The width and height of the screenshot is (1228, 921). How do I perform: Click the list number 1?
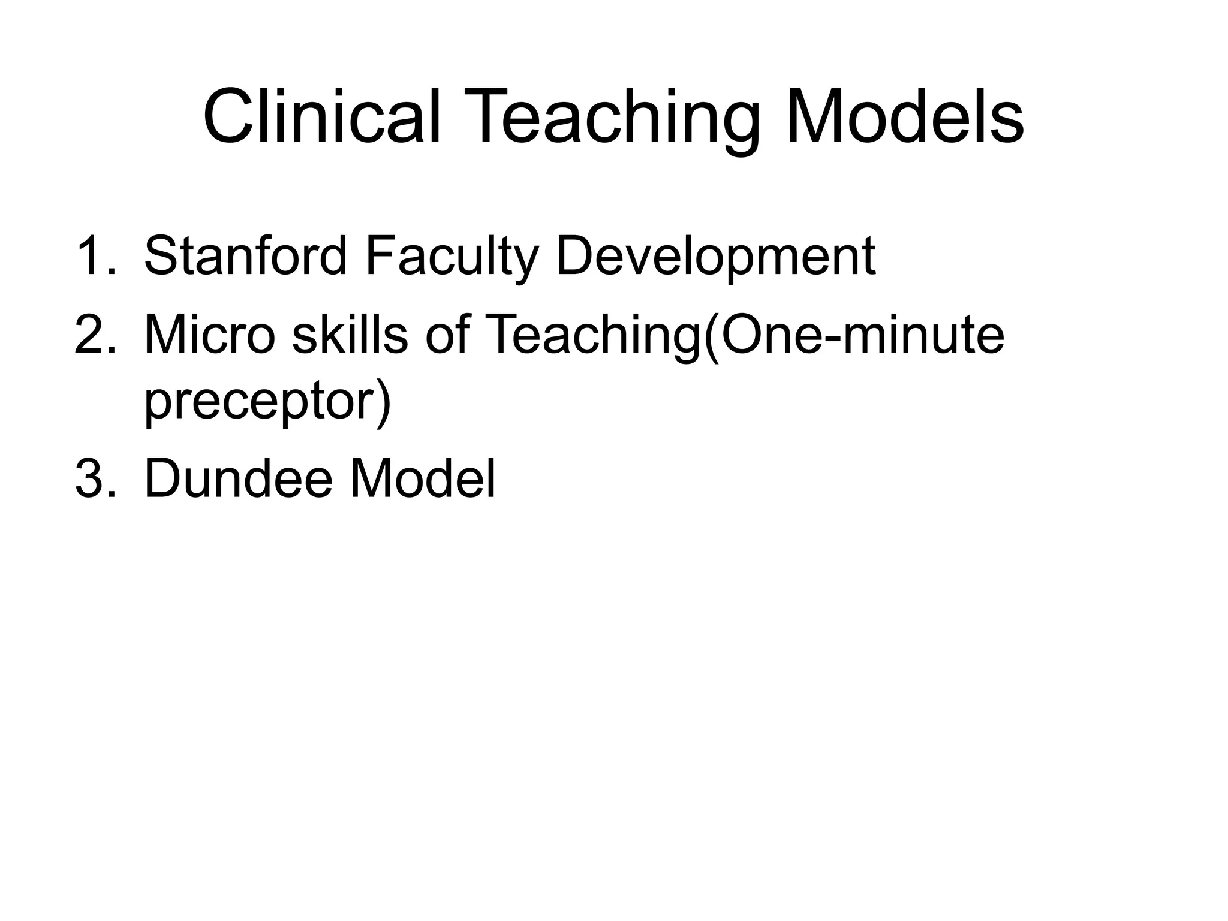point(95,256)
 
